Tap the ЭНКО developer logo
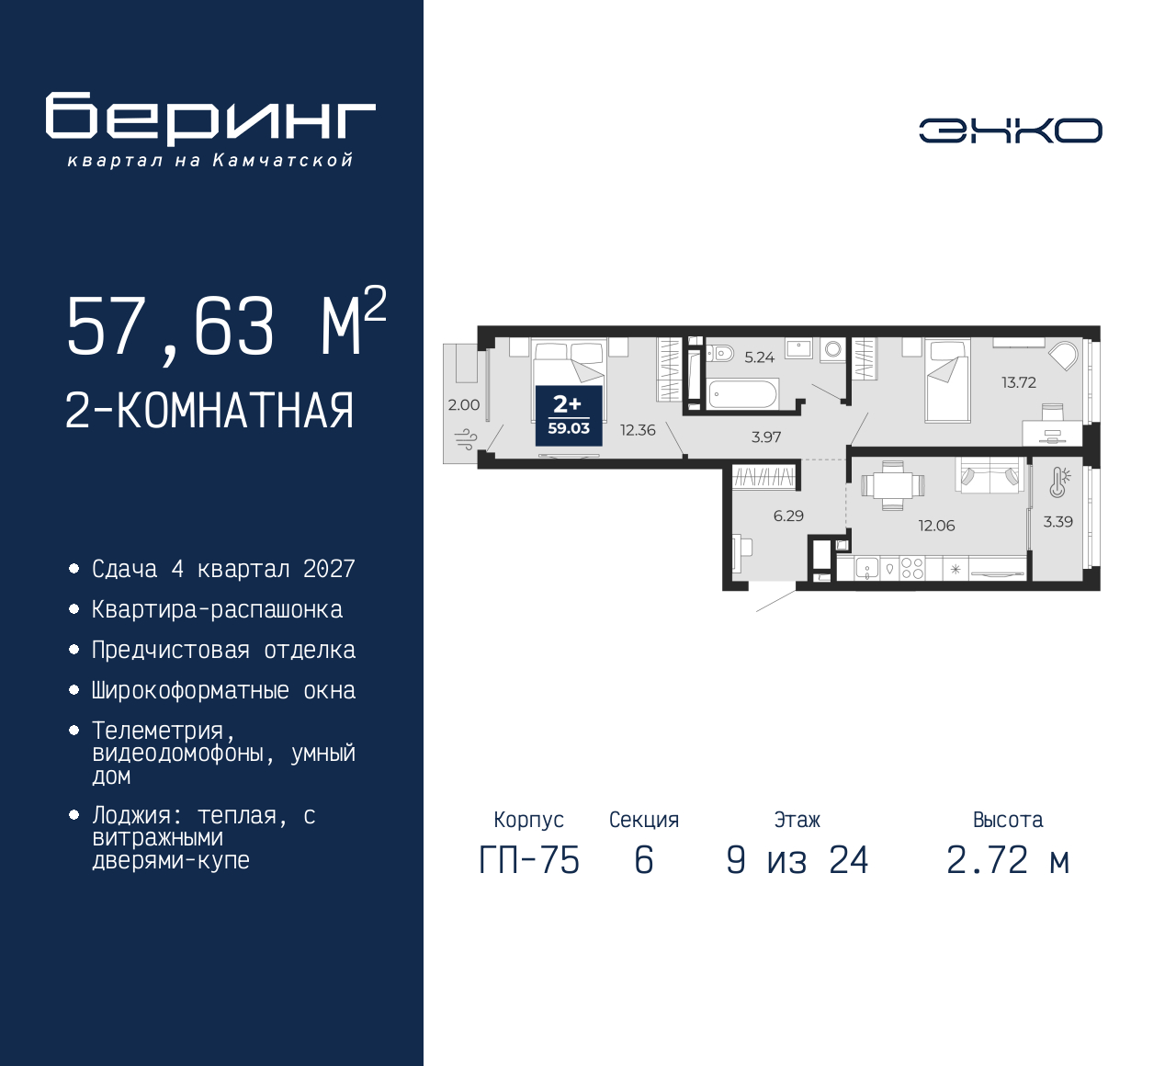[x=1010, y=130]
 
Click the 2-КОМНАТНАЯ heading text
[x=209, y=411]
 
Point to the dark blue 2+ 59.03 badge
[x=569, y=415]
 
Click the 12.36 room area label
[x=638, y=430]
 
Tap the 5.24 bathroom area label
[x=759, y=357]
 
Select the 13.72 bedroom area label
[x=1018, y=382]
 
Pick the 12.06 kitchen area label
[x=936, y=526]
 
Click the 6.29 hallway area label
[x=788, y=516]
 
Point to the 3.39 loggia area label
[x=1057, y=521]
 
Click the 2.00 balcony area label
[x=463, y=404]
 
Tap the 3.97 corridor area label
[x=765, y=437]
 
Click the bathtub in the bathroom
[x=742, y=396]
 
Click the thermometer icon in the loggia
[x=1059, y=482]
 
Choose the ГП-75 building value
[x=529, y=861]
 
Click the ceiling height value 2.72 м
[x=1008, y=861]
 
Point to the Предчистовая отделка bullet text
[x=223, y=651]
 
